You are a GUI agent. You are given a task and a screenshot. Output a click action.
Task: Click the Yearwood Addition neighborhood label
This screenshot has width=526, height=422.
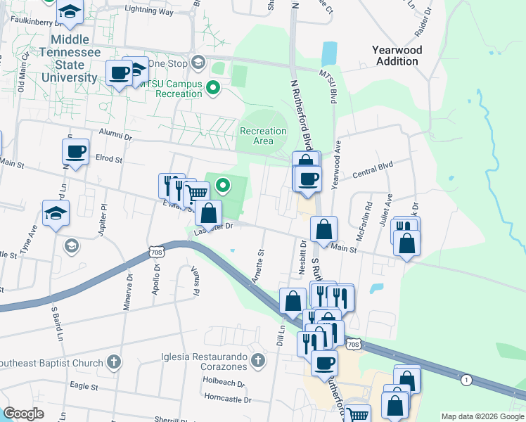[395, 56]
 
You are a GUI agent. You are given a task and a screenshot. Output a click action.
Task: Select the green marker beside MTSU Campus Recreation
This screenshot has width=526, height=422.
[214, 88]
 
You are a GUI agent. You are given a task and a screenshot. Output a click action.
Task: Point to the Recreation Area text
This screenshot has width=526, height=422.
[263, 136]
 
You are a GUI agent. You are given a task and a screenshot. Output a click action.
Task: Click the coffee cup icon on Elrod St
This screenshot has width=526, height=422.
[76, 151]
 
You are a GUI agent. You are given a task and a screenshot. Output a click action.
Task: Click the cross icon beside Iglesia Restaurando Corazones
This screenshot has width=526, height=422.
[258, 362]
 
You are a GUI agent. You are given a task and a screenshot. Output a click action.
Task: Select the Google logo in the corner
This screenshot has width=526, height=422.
[23, 414]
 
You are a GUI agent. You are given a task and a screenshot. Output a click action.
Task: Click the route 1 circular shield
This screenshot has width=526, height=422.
[466, 380]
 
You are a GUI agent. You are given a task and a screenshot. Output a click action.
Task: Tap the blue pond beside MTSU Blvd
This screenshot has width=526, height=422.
[328, 53]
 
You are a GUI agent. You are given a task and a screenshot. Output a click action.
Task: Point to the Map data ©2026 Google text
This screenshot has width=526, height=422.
[482, 416]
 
